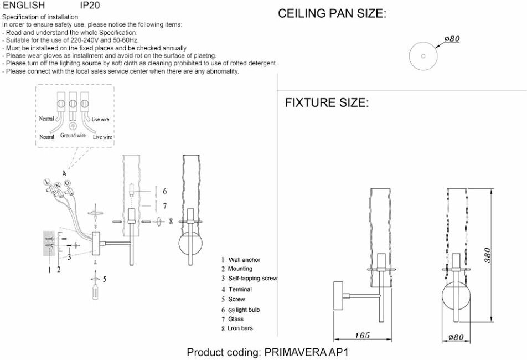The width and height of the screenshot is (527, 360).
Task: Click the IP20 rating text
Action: click(90, 6)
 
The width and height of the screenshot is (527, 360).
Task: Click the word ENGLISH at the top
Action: click(24, 6)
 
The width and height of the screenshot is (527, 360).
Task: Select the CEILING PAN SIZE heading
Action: click(331, 14)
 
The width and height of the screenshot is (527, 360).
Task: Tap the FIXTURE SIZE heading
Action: click(327, 103)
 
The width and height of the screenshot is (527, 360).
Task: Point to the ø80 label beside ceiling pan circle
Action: click(452, 39)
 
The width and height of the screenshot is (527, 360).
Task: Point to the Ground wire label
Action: click(73, 135)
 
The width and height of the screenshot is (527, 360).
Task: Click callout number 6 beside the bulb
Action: click(165, 192)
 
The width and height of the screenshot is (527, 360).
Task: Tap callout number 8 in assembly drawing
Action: click(171, 221)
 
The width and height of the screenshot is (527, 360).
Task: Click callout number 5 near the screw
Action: click(105, 279)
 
